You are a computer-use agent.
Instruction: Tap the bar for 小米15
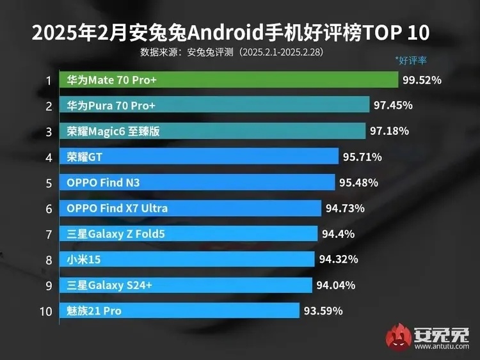[x=188, y=260]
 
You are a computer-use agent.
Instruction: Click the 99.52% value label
[x=422, y=81]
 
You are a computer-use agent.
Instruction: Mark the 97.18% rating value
[x=389, y=131]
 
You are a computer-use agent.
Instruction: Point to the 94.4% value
[x=338, y=234]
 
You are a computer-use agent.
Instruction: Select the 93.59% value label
[x=323, y=311]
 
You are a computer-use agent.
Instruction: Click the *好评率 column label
[x=411, y=61]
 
